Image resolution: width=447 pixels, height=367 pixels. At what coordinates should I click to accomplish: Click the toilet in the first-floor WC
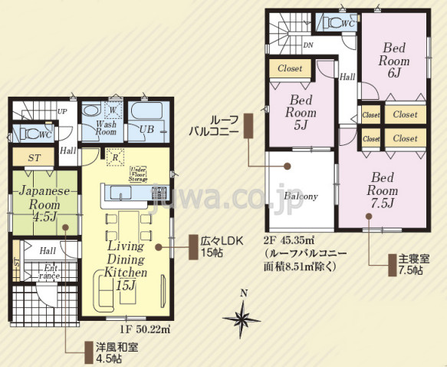click(x=31, y=134)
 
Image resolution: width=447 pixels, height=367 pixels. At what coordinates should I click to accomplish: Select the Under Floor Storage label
click(x=139, y=174)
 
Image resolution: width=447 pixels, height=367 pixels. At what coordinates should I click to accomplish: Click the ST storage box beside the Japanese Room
click(x=34, y=157)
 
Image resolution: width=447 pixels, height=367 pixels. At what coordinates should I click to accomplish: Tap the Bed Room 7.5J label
click(x=381, y=190)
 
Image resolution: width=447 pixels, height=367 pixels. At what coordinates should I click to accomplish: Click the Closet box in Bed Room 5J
click(x=291, y=69)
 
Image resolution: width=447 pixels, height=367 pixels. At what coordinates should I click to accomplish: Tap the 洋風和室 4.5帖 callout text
click(x=106, y=352)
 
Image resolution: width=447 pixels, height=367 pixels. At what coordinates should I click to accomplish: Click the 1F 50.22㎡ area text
click(x=143, y=329)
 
